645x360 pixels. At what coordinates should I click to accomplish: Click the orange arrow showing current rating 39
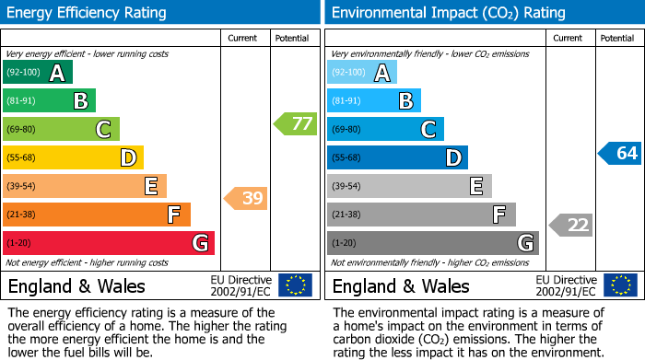246,198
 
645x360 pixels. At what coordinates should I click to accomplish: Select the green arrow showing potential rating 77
295,123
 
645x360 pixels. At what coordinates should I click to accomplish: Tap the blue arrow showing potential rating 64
619,153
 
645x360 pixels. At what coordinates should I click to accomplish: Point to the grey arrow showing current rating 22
571,225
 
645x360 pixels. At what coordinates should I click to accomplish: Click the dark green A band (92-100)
37,73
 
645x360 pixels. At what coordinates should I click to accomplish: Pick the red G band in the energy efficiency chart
108,243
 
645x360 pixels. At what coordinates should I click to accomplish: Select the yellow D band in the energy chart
73,157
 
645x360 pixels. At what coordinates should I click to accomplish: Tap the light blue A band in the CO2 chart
362,73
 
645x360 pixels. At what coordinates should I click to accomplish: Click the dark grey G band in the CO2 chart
432,243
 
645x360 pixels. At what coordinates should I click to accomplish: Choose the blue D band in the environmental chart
397,157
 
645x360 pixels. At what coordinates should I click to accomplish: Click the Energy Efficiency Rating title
87,13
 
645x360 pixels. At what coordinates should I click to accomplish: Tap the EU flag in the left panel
295,285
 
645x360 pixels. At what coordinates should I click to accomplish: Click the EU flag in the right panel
619,285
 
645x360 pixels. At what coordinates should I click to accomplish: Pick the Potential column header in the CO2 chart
616,38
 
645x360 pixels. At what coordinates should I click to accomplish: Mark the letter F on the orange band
172,215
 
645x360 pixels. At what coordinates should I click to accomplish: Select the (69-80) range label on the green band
20,130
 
